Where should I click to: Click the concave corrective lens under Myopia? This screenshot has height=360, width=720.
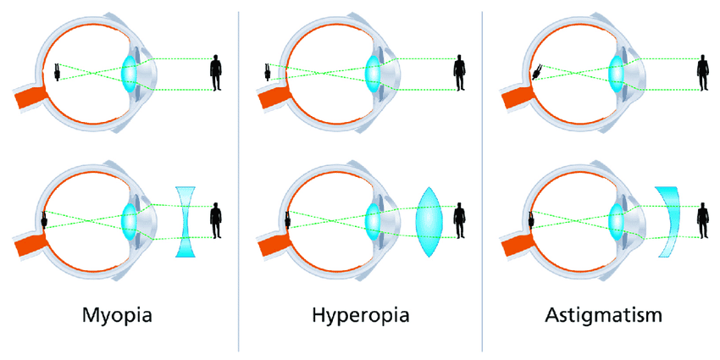(x=186, y=222)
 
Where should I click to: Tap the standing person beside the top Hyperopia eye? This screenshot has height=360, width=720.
(x=460, y=73)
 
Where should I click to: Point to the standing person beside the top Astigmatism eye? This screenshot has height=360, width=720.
(x=703, y=73)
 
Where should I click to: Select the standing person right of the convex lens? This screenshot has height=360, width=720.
(x=460, y=221)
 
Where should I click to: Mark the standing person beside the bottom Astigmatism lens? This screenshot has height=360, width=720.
(x=703, y=221)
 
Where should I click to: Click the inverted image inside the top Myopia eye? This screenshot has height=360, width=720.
(x=56, y=72)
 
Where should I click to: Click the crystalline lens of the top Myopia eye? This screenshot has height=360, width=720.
(x=129, y=73)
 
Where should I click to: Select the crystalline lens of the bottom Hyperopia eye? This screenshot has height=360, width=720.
(x=373, y=222)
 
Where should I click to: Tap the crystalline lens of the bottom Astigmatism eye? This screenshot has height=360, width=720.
(x=617, y=222)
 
